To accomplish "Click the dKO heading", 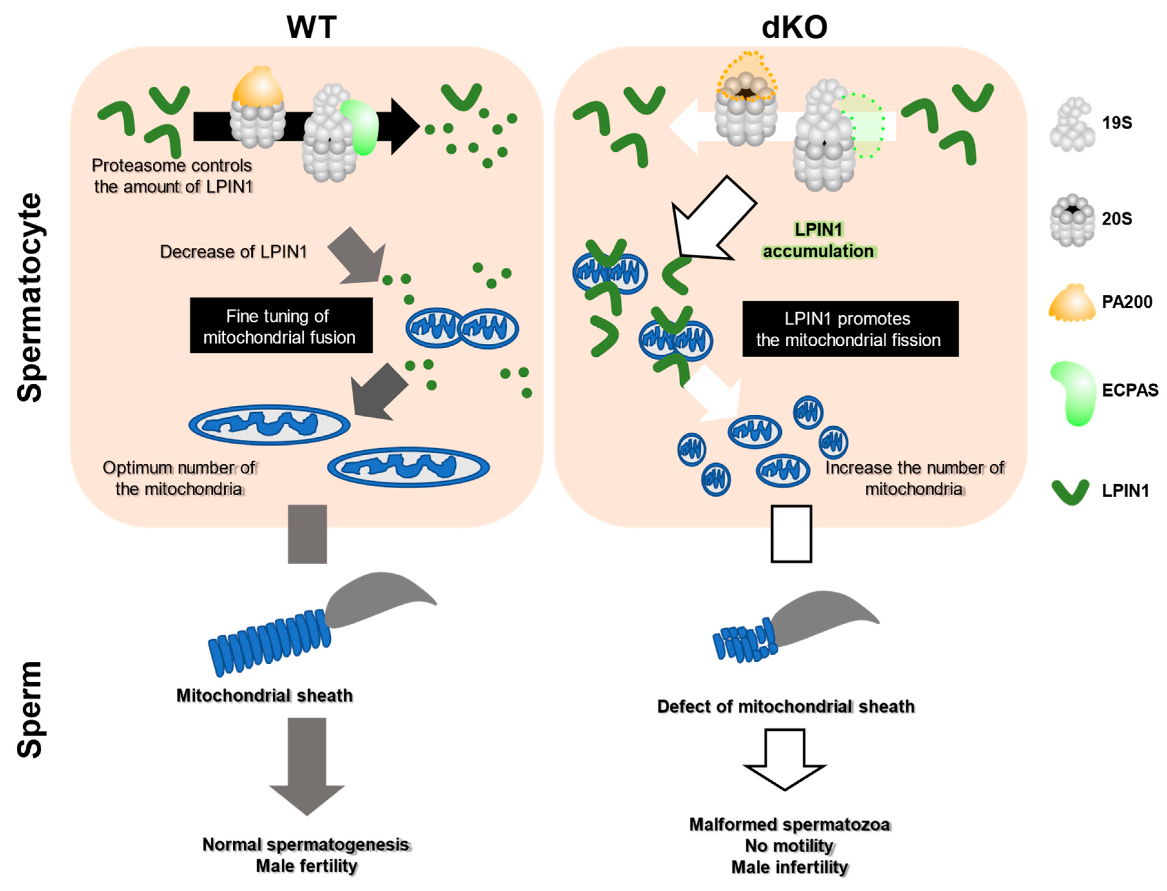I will [x=794, y=28].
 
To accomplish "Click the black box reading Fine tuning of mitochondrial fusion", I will [x=281, y=326].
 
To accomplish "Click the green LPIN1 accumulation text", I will [x=818, y=240].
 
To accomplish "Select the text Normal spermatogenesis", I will [x=306, y=844].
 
